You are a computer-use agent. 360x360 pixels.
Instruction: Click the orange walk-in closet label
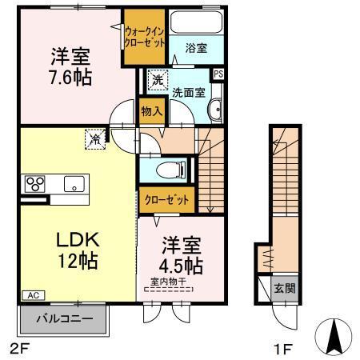point(144,36)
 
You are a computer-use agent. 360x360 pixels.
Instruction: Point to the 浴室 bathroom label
point(196,47)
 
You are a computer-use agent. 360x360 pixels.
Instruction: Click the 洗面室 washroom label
point(190,91)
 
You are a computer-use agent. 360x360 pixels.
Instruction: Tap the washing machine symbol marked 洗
point(157,80)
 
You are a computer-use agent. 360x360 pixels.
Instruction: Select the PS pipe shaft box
point(218,74)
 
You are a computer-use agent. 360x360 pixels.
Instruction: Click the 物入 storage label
point(150,110)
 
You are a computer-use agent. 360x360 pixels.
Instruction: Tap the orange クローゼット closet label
point(167,199)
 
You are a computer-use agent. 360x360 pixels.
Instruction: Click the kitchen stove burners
point(36,182)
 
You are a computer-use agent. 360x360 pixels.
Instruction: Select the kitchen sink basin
point(73,183)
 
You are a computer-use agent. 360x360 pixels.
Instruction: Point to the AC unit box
point(33,295)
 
